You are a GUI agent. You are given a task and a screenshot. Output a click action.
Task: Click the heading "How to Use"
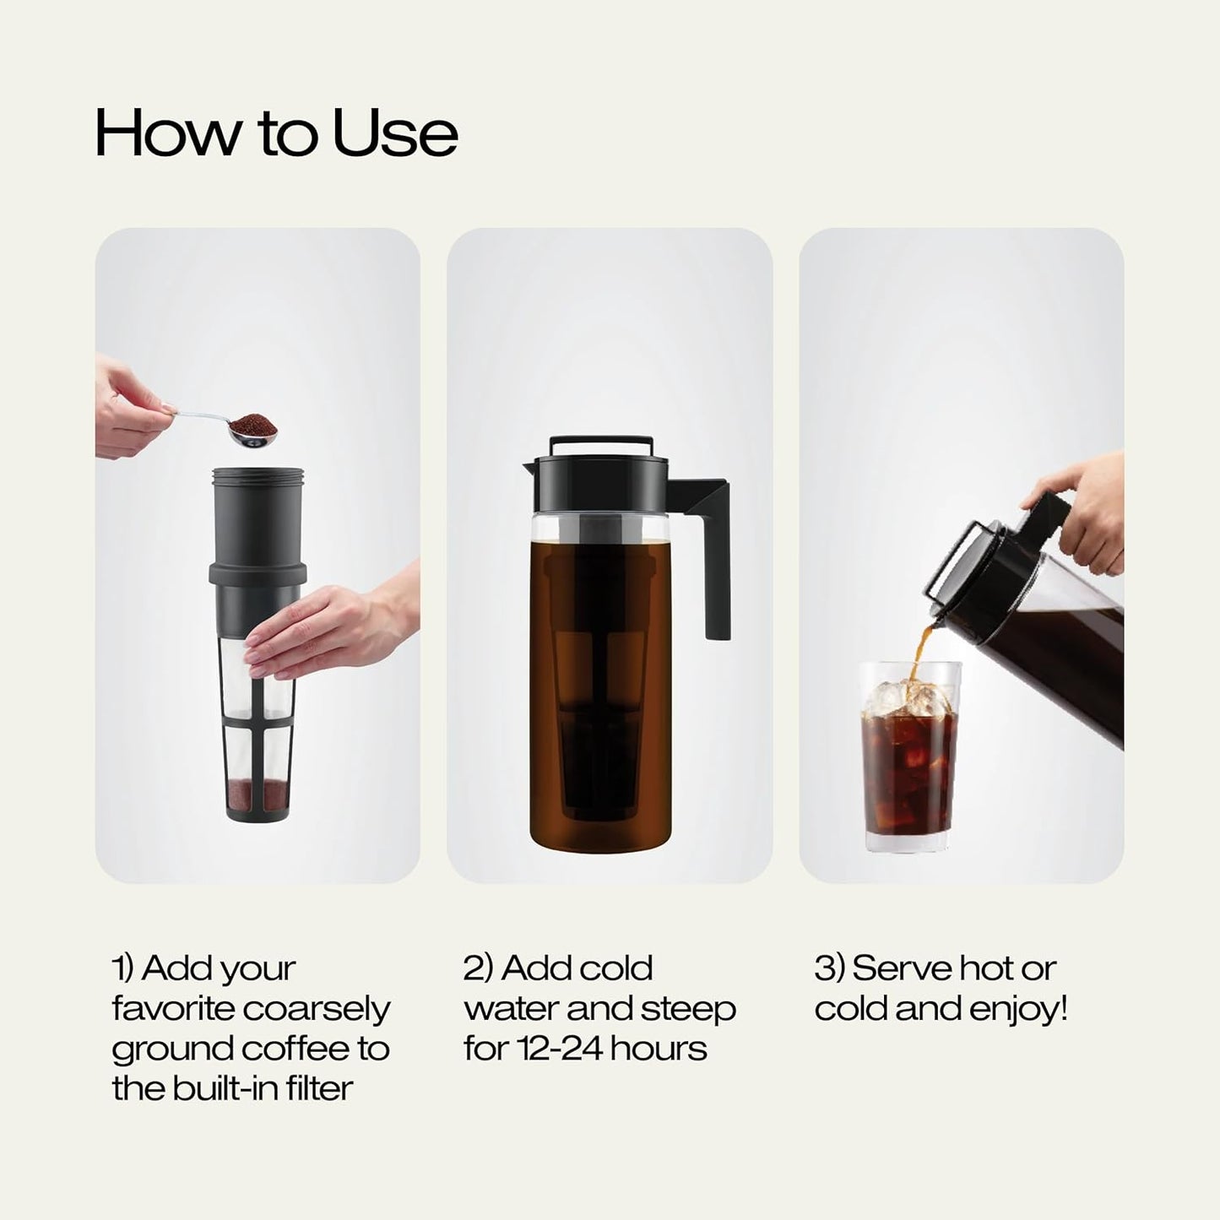pyautogui.click(x=276, y=133)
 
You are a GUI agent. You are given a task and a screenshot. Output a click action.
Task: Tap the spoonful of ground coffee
pyautogui.click(x=255, y=422)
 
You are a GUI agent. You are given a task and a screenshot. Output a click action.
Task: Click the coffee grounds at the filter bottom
pyautogui.click(x=258, y=793)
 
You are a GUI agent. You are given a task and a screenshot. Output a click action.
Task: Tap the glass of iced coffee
pyautogui.click(x=909, y=760)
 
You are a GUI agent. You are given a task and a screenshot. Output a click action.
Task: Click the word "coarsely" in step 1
pyautogui.click(x=317, y=1009)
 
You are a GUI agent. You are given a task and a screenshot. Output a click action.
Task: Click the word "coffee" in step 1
pyautogui.click(x=295, y=1049)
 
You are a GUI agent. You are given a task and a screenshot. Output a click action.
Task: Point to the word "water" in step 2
pyautogui.click(x=511, y=1009)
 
